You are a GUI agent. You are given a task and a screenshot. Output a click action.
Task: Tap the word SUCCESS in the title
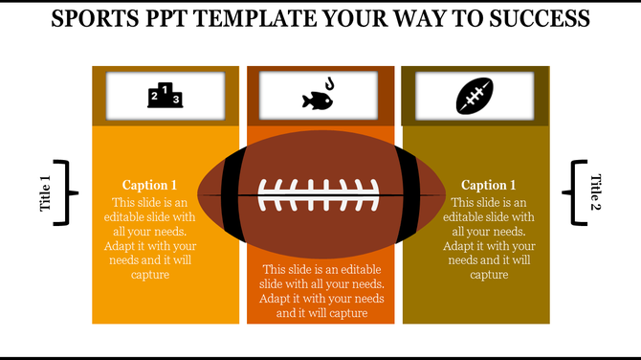(x=535, y=19)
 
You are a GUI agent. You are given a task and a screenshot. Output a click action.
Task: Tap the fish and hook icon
(x=320, y=96)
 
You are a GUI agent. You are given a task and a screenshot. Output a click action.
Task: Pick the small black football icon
(x=475, y=96)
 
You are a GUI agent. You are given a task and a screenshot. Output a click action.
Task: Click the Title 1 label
(x=45, y=193)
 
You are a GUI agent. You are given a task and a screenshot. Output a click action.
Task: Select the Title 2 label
(x=595, y=193)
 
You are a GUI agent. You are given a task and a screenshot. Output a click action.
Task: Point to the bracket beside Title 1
(x=66, y=193)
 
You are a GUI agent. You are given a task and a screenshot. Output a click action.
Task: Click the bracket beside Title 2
(x=576, y=193)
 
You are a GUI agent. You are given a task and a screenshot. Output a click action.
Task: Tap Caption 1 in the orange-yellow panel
(x=149, y=185)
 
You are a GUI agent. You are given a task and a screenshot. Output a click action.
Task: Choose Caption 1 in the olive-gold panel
(x=488, y=185)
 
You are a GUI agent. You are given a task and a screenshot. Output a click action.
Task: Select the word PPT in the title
(x=177, y=19)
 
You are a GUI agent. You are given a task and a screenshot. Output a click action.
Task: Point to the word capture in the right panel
(x=489, y=275)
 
